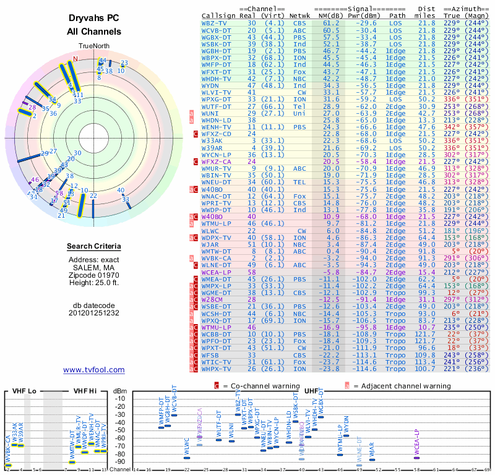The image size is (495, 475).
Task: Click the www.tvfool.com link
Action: (94, 370)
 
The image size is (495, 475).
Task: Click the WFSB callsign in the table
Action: (213, 356)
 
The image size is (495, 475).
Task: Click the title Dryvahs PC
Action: (94, 19)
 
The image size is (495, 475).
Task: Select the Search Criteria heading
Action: (94, 247)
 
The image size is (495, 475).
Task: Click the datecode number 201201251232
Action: (94, 313)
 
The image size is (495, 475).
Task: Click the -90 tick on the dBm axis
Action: (120, 462)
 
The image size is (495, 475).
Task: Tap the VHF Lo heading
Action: (24, 391)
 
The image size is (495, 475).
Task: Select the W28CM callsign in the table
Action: (215, 300)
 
